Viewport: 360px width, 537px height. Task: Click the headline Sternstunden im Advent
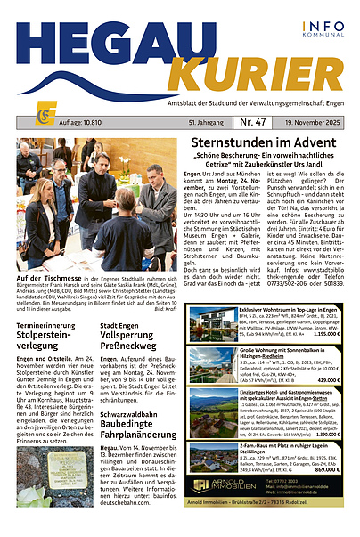(x=266, y=143)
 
